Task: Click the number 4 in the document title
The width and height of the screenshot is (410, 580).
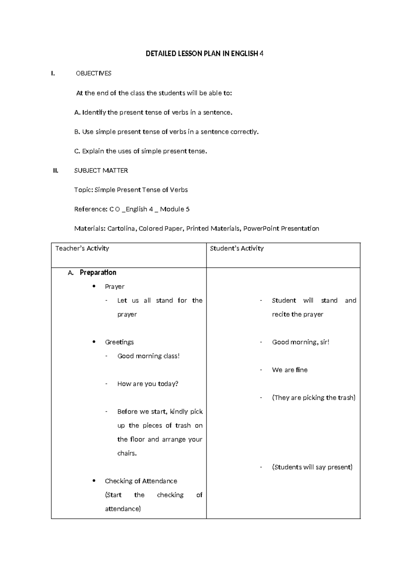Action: [x=261, y=54]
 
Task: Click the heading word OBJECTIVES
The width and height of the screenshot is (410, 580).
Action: [x=93, y=73]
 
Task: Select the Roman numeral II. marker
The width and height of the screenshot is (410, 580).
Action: [x=56, y=170]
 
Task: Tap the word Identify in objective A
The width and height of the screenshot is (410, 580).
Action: [x=94, y=112]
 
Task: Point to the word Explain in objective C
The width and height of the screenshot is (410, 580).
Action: [x=93, y=151]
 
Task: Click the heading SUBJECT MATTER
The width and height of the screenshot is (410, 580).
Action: [x=101, y=170]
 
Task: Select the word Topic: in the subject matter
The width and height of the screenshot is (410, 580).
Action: [x=83, y=190]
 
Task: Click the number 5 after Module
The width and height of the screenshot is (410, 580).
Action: [x=188, y=209]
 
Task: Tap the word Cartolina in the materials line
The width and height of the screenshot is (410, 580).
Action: [x=121, y=228]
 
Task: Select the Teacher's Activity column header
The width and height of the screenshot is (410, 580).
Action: [x=82, y=248]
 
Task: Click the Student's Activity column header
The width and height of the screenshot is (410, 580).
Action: [x=236, y=248]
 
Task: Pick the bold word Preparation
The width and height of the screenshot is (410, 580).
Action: [x=98, y=272]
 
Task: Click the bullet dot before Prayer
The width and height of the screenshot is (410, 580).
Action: [x=94, y=286]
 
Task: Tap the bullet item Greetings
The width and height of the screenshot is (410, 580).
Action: [x=119, y=342]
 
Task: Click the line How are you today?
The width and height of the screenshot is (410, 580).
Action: [x=148, y=384]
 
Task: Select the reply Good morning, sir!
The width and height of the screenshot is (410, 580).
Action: [x=300, y=342]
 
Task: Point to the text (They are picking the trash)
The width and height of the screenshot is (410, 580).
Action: [x=314, y=397]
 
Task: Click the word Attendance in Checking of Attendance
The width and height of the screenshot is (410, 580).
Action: [x=160, y=481]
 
